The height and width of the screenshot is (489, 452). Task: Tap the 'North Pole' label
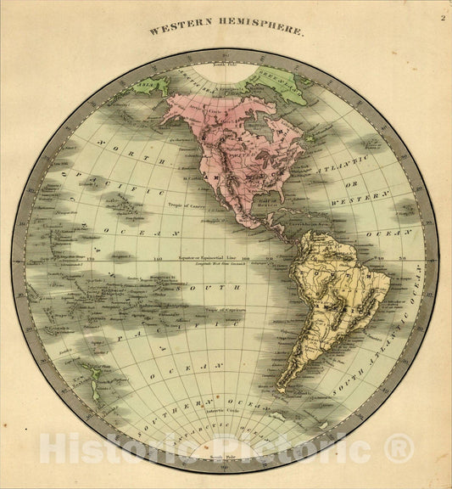coord(222,64)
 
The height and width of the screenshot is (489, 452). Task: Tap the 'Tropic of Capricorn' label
coord(215,312)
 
